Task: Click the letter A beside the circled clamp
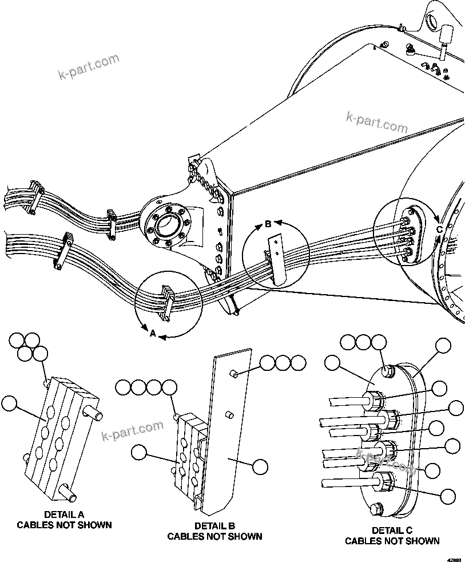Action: [x=153, y=333]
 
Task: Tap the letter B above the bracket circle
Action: [x=268, y=224]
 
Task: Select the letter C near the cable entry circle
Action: [x=439, y=229]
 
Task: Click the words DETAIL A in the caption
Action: [x=64, y=514]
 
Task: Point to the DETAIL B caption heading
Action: [x=214, y=526]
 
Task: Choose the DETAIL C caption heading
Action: [x=392, y=531]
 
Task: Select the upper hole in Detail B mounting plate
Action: [x=233, y=374]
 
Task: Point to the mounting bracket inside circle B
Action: [x=277, y=259]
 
